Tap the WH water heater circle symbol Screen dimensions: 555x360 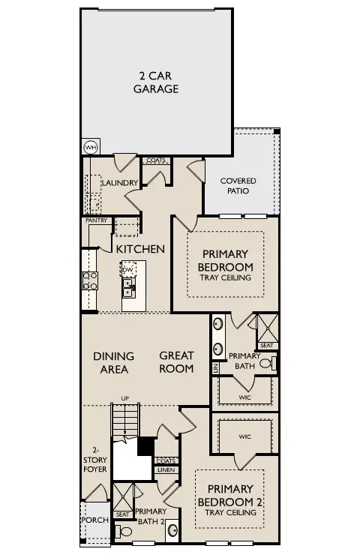coord(90,147)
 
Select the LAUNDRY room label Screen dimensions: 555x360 coord(119,183)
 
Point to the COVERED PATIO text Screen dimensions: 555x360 coord(238,186)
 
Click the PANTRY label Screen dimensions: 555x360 coord(97,220)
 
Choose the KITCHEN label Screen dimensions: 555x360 coord(140,248)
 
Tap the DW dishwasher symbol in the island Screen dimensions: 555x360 coord(128,268)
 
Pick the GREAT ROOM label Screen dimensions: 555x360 coord(176,361)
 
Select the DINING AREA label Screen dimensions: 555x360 coord(114,361)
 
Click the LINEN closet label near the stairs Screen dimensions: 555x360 coord(165,470)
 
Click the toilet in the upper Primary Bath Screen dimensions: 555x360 coord(272,363)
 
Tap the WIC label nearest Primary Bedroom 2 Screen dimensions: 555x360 coord(244,436)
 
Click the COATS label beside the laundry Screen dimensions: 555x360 coord(155,160)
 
